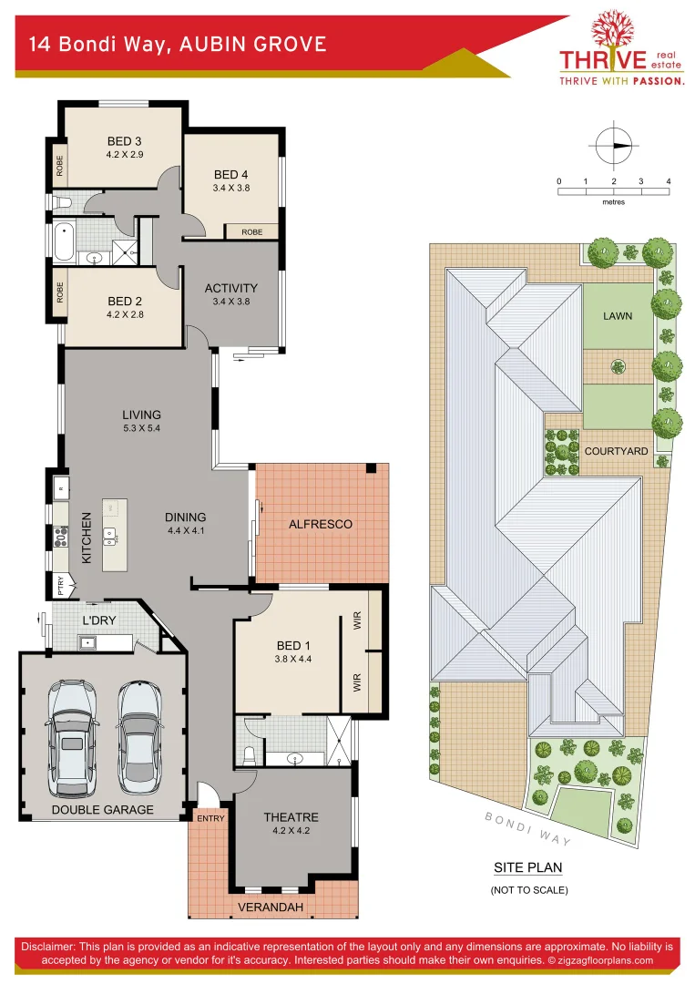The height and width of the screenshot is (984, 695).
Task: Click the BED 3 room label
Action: tap(125, 141)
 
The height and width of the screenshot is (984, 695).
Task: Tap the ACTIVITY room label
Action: tap(230, 288)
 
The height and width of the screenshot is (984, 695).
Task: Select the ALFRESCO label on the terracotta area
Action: tap(320, 524)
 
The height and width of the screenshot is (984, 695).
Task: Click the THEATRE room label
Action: tap(291, 817)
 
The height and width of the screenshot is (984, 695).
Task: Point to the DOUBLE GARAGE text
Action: tap(102, 809)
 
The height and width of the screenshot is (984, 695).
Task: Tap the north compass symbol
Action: tap(614, 146)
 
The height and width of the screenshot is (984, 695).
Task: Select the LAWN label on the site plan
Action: tap(617, 316)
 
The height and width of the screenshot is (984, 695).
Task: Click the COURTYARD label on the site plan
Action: tap(617, 451)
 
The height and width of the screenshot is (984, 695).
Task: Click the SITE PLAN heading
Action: tap(527, 867)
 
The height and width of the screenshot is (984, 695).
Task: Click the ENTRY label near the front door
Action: tap(210, 818)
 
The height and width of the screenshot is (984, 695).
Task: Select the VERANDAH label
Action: tap(271, 907)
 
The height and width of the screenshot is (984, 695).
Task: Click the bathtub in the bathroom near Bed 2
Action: tap(63, 243)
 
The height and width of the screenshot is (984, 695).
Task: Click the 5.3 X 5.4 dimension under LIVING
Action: tap(142, 428)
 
